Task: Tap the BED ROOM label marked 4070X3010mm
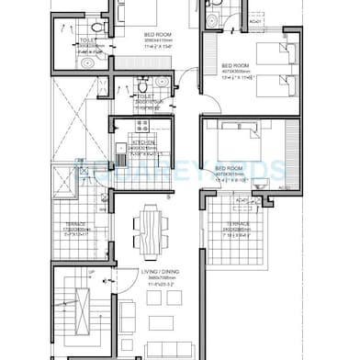(x=230, y=169)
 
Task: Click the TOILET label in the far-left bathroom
(x=88, y=40)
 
